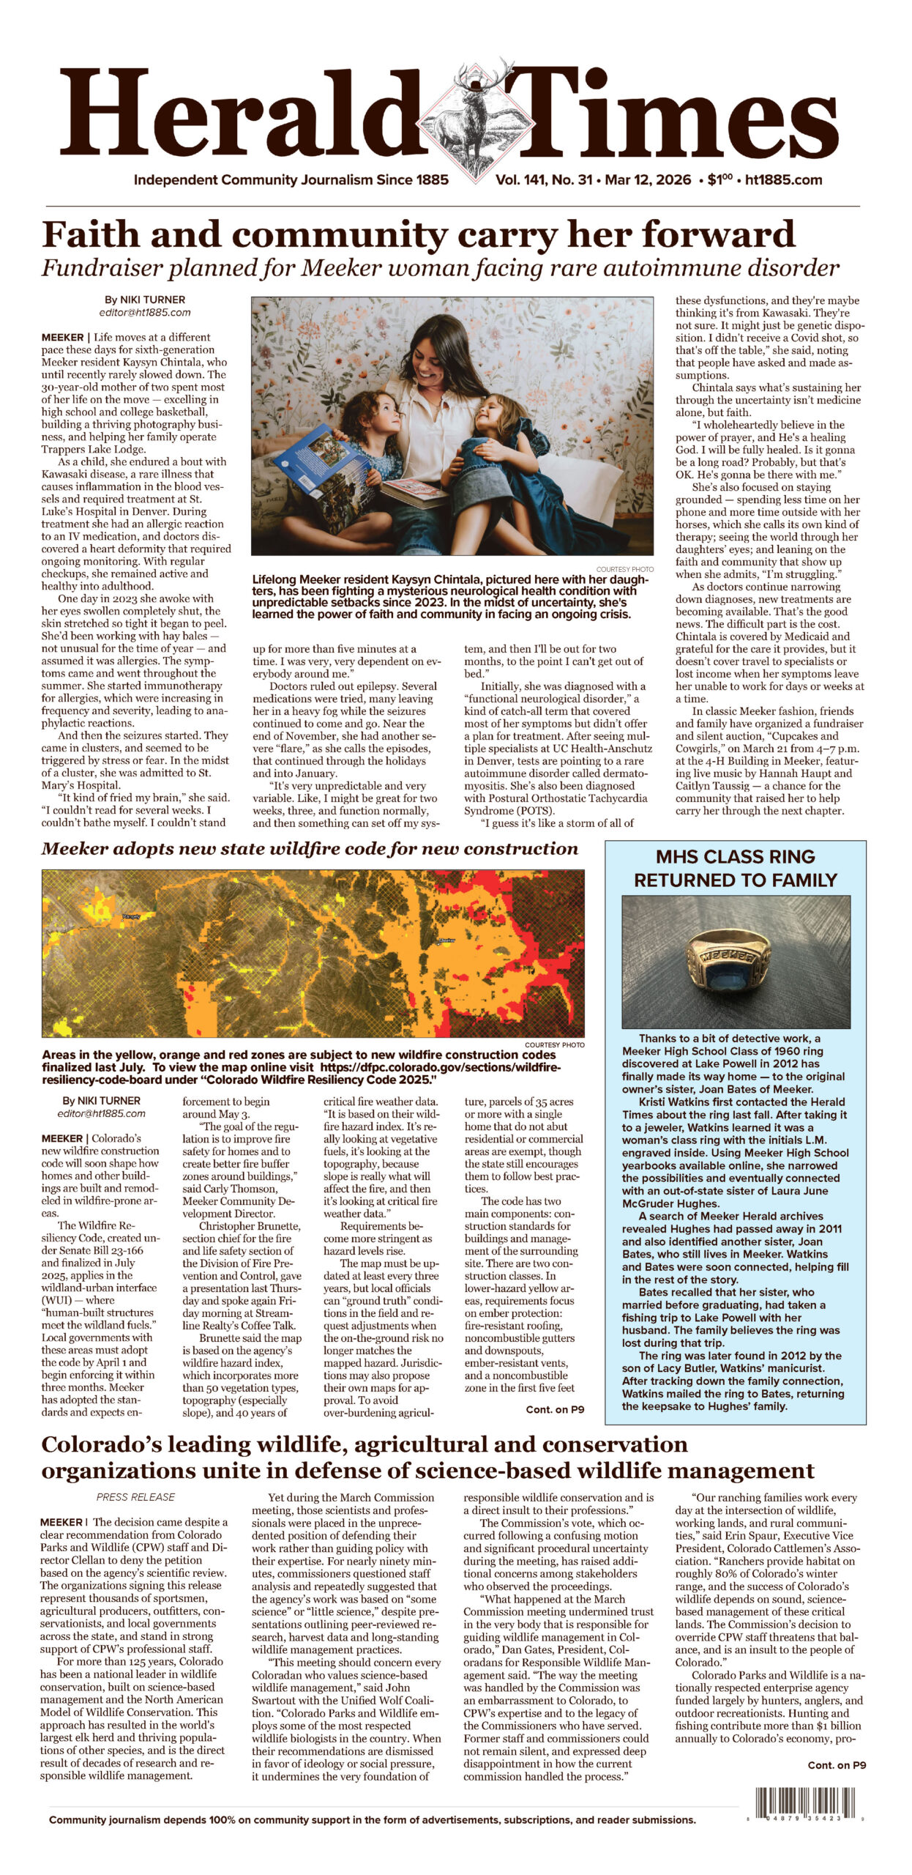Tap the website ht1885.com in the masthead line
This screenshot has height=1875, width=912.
pyautogui.click(x=783, y=180)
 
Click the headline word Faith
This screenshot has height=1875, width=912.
pyautogui.click(x=92, y=235)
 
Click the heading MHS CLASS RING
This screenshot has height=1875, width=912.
pyautogui.click(x=735, y=856)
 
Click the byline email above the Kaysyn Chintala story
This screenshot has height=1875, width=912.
pyautogui.click(x=145, y=312)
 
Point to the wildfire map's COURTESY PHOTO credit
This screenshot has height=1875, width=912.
pyautogui.click(x=554, y=1044)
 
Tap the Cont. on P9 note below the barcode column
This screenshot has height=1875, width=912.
pyautogui.click(x=837, y=1764)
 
